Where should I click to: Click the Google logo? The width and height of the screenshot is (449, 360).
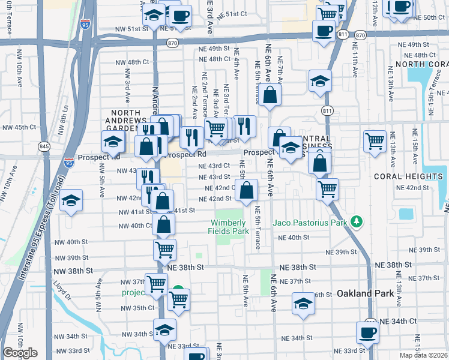pyautogui.click(x=20, y=353)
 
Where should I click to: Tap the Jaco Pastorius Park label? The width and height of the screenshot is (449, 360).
pyautogui.click(x=311, y=223)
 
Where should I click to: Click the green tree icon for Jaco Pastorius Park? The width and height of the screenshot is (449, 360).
pyautogui.click(x=357, y=223)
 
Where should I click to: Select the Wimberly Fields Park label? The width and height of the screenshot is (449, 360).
pyautogui.click(x=228, y=226)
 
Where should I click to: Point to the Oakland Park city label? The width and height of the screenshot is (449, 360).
pyautogui.click(x=366, y=294)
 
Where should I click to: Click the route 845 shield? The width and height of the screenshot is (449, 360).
pyautogui.click(x=43, y=146)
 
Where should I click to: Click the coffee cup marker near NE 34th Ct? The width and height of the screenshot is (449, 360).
pyautogui.click(x=367, y=332)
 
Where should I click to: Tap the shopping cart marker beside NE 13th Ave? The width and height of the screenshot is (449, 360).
pyautogui.click(x=375, y=142)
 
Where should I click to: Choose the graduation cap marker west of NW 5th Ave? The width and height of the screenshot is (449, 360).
pyautogui.click(x=71, y=201)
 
